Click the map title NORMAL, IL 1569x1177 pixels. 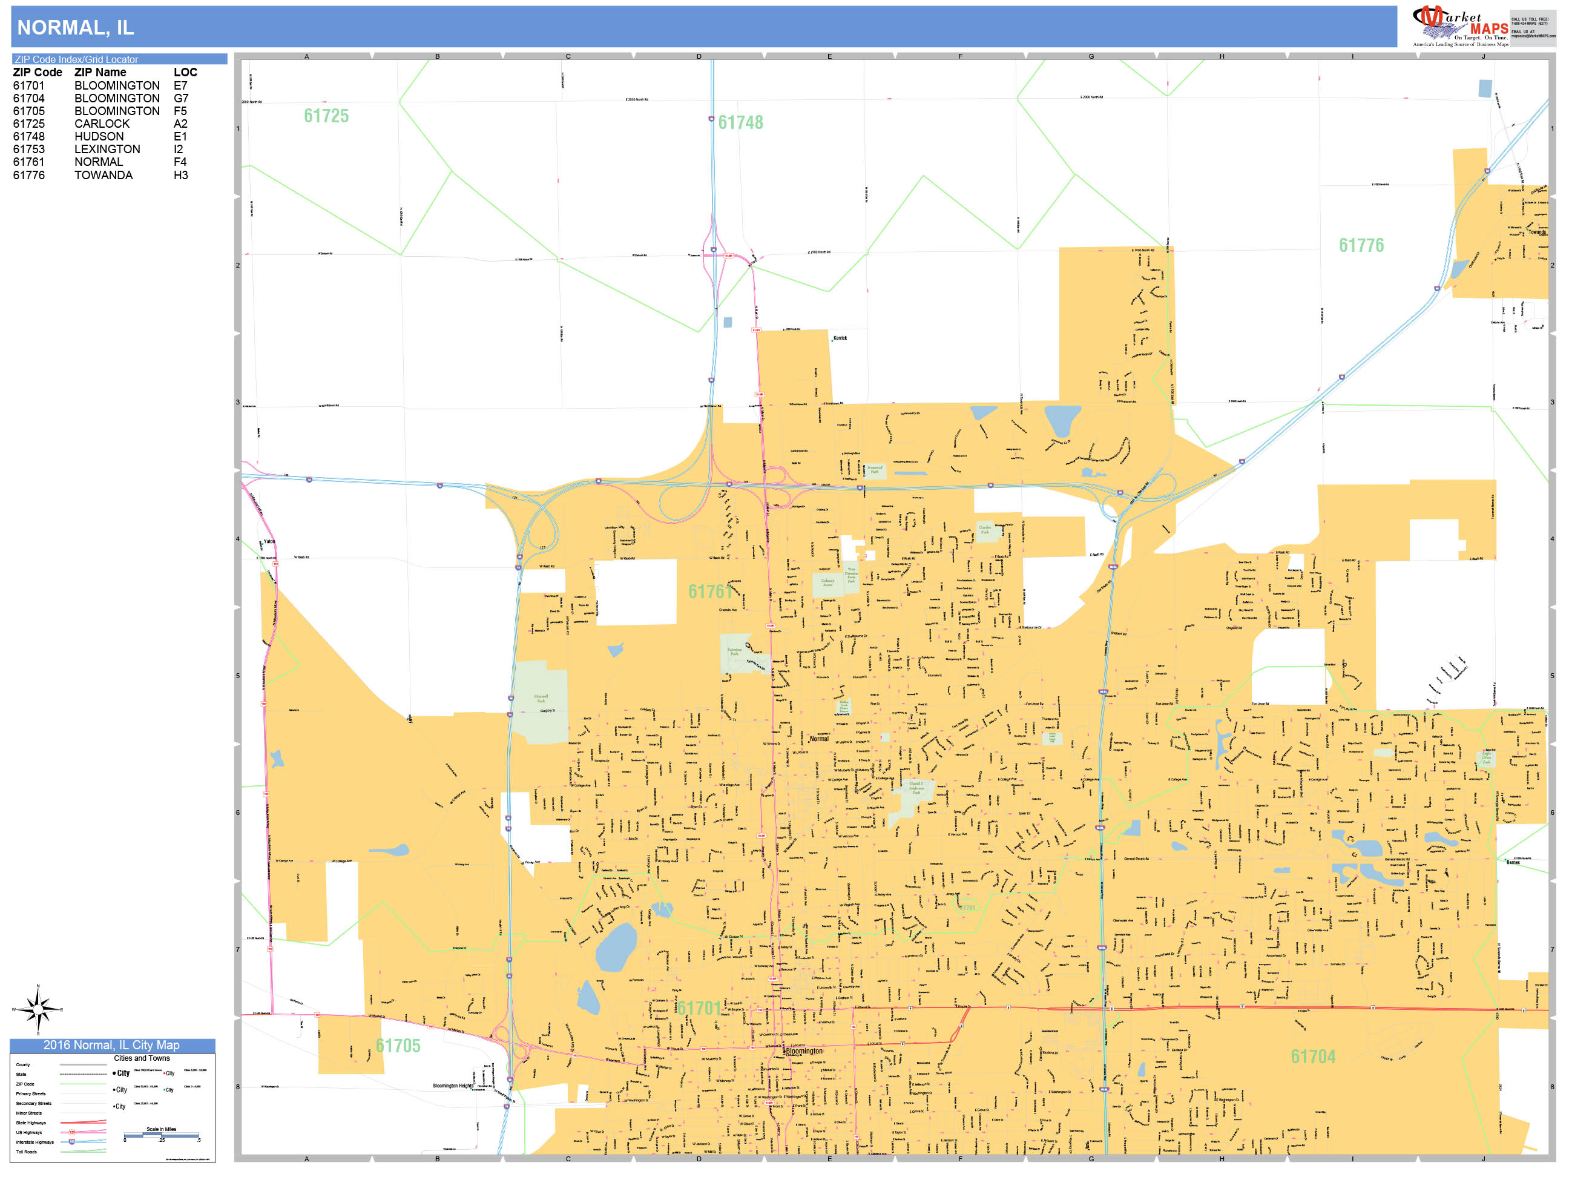point(75,28)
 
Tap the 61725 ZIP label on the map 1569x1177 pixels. point(326,116)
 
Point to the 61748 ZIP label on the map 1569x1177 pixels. point(740,123)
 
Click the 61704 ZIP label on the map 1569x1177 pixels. point(1313,1057)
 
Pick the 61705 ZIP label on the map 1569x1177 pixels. point(398,1046)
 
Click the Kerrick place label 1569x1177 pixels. point(840,338)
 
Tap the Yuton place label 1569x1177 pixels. point(269,542)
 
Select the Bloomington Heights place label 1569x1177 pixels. point(453,1086)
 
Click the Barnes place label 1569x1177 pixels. point(1513,863)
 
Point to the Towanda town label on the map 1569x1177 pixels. point(1537,232)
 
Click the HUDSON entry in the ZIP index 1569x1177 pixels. point(99,136)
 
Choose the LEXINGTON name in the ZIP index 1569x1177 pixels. point(107,149)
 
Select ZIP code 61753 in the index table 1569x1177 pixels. point(28,149)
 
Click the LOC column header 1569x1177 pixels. point(185,73)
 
